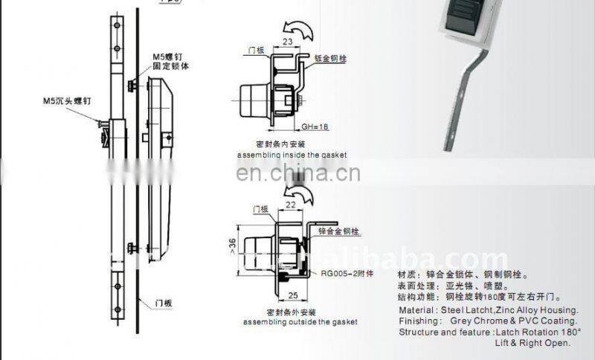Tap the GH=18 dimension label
coord(315,127)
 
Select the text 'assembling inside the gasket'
coord(292,155)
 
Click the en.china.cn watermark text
coord(297,175)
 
